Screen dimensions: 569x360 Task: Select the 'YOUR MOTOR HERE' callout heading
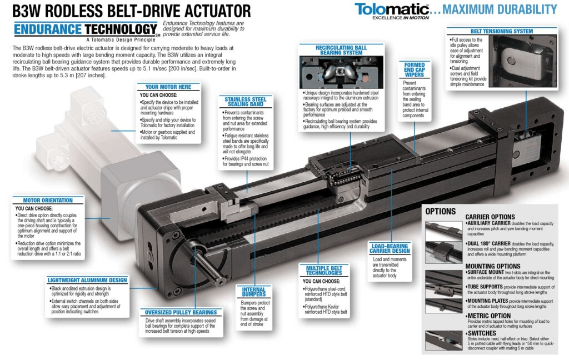[x=168, y=87]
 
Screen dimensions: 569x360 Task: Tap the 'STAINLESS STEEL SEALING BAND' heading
[x=245, y=102]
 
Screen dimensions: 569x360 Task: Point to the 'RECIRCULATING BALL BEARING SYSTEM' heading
[x=341, y=50]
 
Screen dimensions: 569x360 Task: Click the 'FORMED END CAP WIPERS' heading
[x=415, y=69]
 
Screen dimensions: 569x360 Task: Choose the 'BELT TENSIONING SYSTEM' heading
[x=502, y=31]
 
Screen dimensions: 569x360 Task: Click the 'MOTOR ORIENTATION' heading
[x=48, y=201]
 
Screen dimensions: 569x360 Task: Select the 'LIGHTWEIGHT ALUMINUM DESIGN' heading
[x=87, y=280]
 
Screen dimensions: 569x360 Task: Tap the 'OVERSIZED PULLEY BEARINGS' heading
[x=181, y=312]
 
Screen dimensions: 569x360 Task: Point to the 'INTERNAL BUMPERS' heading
[x=253, y=292]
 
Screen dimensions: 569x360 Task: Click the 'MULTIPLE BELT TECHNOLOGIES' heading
[x=324, y=271]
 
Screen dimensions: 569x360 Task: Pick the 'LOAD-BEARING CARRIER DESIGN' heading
[x=390, y=248]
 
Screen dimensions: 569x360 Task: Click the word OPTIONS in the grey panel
[x=441, y=212]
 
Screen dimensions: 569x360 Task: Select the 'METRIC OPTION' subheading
[x=489, y=316]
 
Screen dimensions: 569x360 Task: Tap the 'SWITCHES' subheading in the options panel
[x=482, y=333]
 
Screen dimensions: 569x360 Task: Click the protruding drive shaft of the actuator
[x=206, y=264]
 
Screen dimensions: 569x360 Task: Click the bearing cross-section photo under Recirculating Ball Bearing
[x=341, y=72]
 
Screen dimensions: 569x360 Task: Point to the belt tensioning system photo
[x=522, y=61]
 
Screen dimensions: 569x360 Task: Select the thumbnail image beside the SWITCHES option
[x=443, y=341]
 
